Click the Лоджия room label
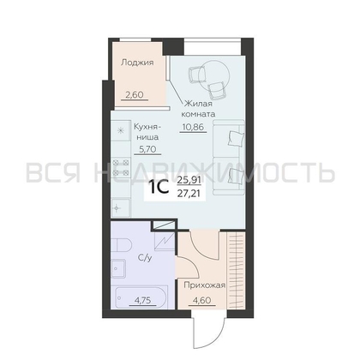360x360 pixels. click(137, 63)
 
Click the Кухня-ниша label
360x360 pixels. click(149, 133)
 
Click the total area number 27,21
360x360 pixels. click(186, 194)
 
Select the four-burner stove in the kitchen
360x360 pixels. click(117, 156)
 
